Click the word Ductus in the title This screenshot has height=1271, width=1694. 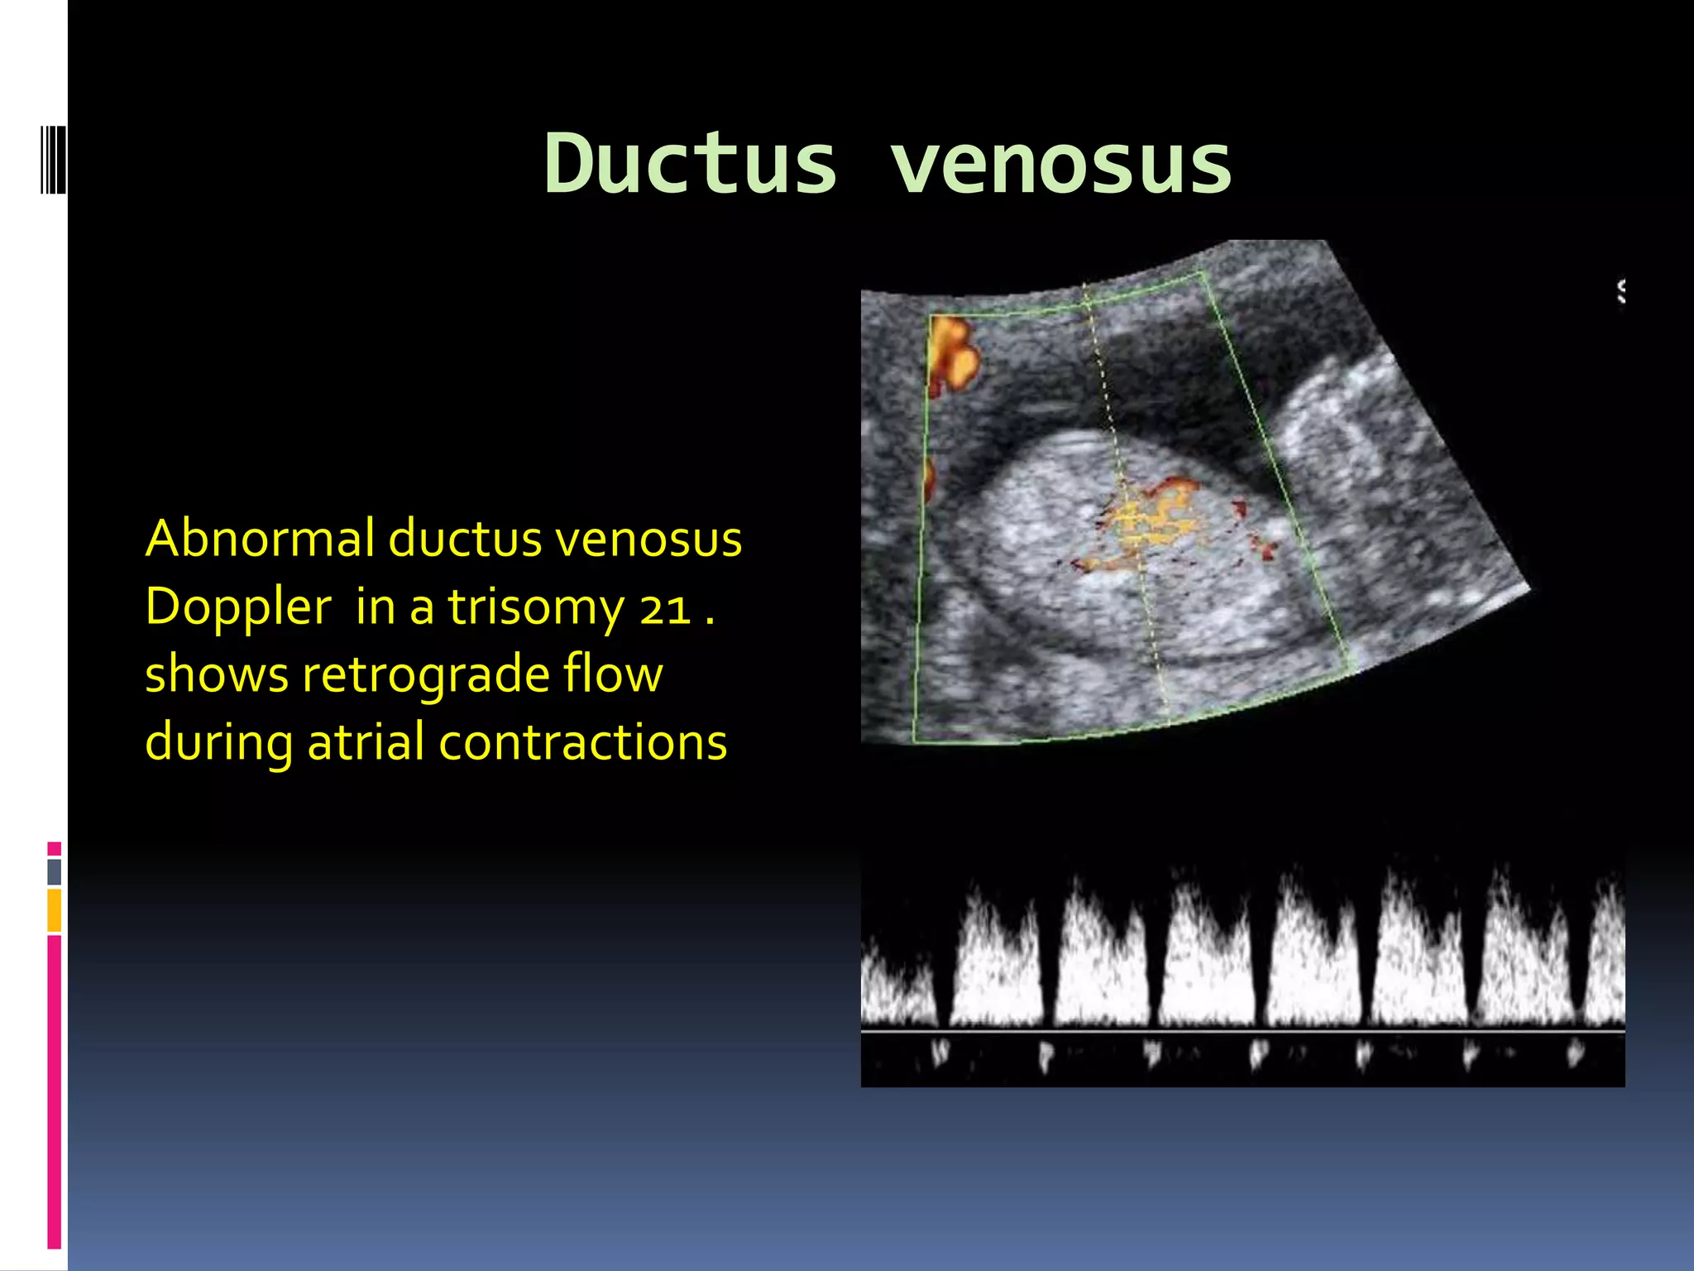691,164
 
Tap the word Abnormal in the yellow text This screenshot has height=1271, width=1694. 260,539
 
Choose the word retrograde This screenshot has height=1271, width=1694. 425,674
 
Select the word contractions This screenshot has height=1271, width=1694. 582,741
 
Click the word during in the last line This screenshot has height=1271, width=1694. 218,743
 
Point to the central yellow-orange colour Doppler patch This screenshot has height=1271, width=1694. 1150,521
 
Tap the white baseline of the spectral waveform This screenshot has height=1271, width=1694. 1241,1031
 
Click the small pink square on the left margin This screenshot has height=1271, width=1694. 54,848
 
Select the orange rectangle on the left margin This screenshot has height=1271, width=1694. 54,910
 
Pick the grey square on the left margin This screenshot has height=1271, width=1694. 54,871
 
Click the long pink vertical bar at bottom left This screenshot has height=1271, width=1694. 54,1092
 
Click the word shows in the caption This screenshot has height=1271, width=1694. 217,674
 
